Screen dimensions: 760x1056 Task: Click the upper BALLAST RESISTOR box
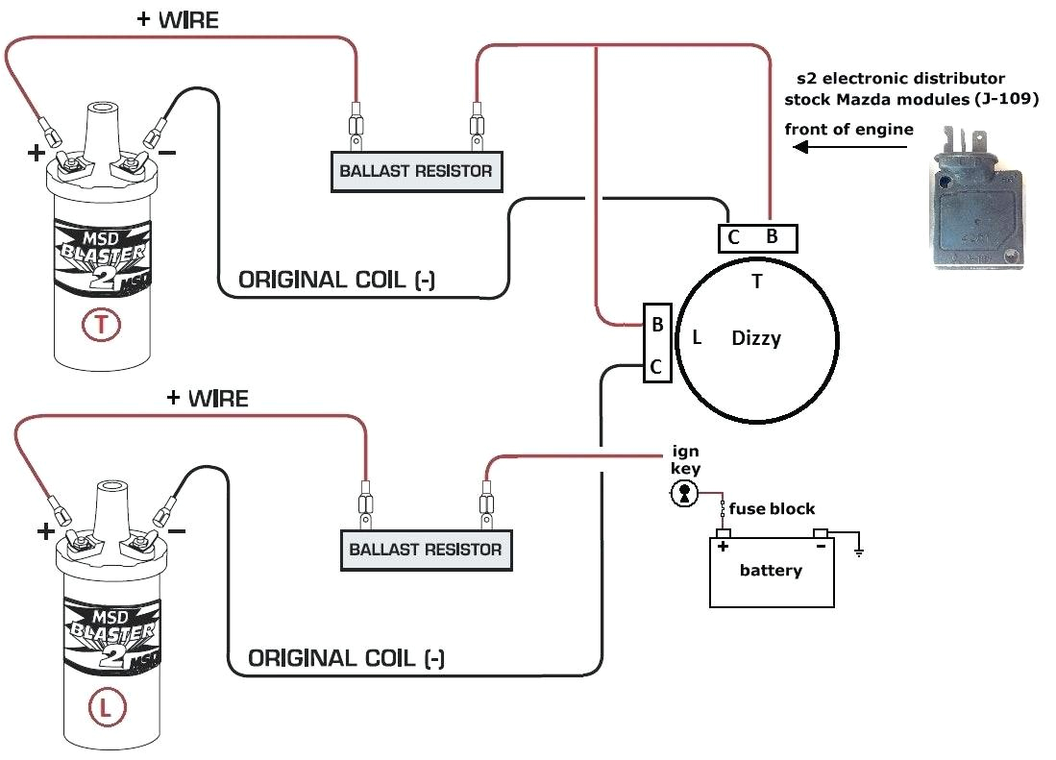tap(415, 171)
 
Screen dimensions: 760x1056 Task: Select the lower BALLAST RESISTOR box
tap(425, 550)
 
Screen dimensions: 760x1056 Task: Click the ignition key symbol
tap(684, 494)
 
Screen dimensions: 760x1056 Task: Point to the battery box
tap(771, 572)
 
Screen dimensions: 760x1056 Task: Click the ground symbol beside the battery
tap(857, 551)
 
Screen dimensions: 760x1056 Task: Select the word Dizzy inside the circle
tap(756, 338)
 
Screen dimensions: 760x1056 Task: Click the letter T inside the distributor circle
tap(757, 282)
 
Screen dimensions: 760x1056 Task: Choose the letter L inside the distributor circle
tap(697, 337)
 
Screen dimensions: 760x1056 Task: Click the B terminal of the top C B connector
tap(771, 237)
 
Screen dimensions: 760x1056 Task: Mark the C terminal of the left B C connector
tap(656, 366)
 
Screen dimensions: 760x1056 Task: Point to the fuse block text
tap(772, 508)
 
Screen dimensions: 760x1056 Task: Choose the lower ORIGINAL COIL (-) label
tap(346, 658)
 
